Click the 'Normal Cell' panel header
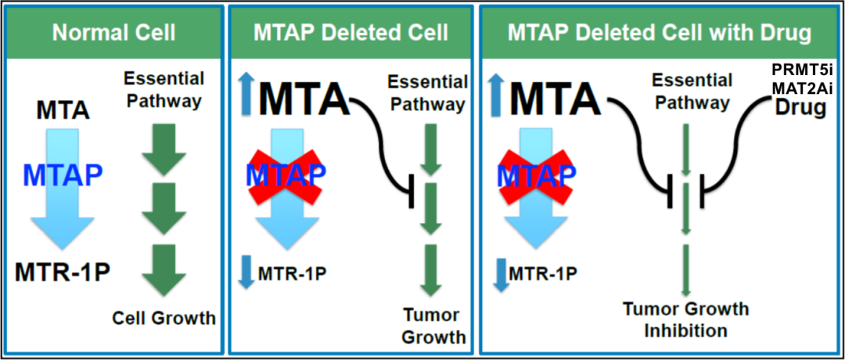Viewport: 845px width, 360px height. (113, 33)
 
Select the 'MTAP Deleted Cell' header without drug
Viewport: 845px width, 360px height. (351, 33)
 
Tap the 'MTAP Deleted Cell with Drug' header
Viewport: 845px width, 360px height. (658, 33)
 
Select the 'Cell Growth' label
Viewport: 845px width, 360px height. (163, 318)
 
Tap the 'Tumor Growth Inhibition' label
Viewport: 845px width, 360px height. (685, 319)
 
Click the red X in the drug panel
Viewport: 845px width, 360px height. (531, 173)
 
